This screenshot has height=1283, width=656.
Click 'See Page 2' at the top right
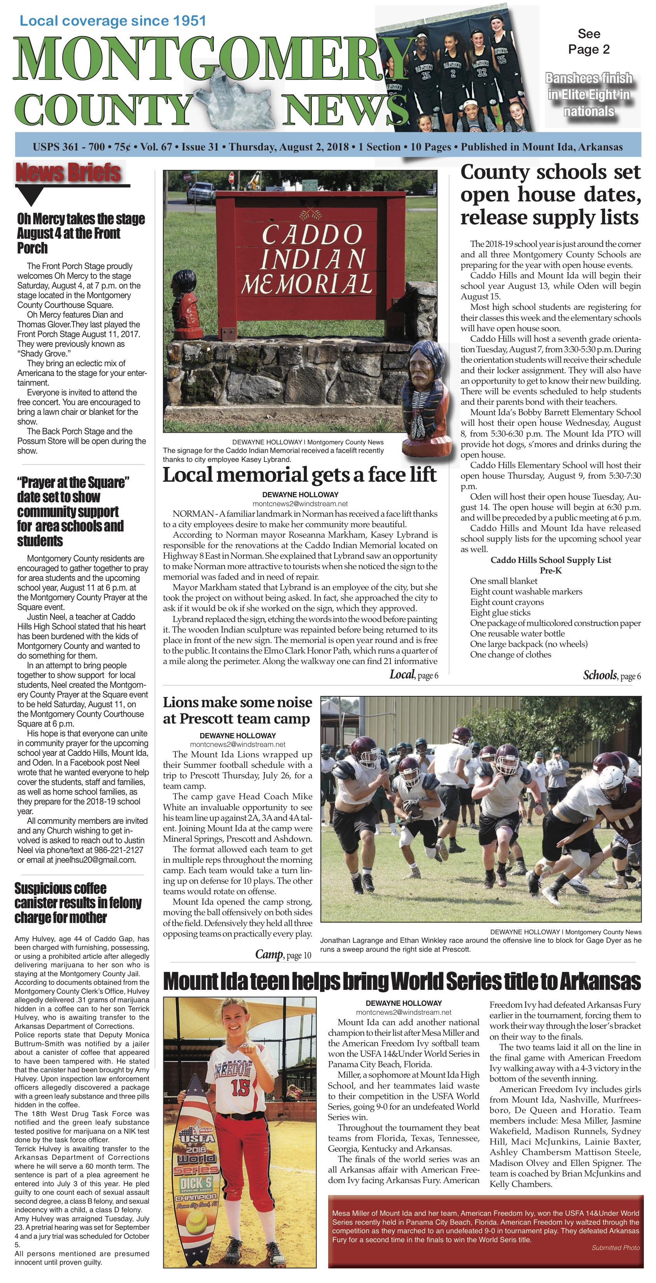[589, 41]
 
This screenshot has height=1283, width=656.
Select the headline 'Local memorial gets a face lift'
[299, 475]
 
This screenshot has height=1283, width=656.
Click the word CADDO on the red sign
[312, 234]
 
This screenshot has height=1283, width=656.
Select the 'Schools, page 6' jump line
[612, 675]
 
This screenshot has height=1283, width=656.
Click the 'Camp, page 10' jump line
[283, 955]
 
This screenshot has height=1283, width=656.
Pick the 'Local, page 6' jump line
[413, 675]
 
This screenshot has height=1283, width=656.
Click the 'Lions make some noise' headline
[237, 710]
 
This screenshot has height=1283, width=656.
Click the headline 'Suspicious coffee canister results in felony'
[78, 903]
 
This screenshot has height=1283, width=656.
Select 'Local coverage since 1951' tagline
[112, 21]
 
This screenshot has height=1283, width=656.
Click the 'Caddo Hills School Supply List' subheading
[550, 560]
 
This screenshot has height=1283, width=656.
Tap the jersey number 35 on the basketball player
[426, 76]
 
